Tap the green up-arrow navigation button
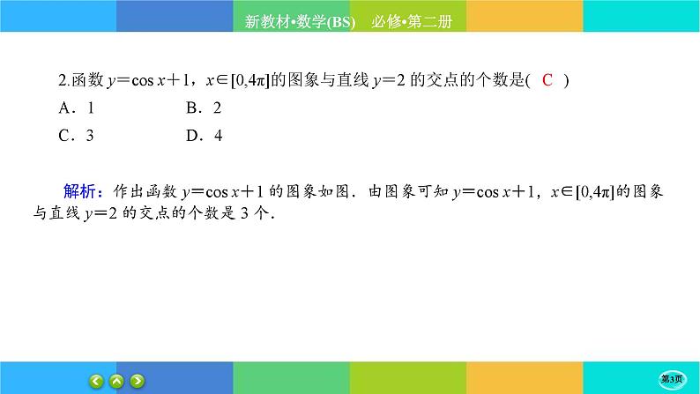tap(116, 381)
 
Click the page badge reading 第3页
tap(676, 379)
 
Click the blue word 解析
tap(83, 191)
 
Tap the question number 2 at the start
tap(63, 81)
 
